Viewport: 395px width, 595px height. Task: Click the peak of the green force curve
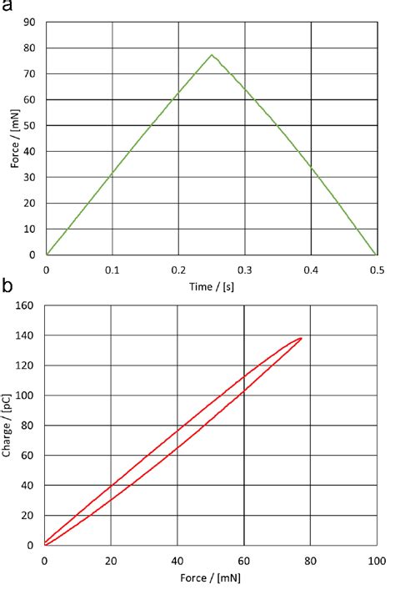click(212, 55)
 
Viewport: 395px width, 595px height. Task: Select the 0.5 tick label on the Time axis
click(377, 270)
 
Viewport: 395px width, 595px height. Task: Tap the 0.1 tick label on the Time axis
click(112, 270)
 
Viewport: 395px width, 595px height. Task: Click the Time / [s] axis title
click(211, 285)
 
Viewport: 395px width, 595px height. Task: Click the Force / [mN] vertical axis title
click(15, 139)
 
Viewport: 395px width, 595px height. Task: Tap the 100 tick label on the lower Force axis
click(377, 560)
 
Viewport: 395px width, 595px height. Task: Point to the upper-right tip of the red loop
click(301, 338)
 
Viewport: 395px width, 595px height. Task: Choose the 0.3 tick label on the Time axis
click(244, 270)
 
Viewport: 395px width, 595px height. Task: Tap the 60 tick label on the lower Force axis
click(244, 560)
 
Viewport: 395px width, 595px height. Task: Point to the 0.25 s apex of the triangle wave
click(212, 55)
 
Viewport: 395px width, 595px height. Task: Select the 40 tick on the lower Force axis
click(177, 560)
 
